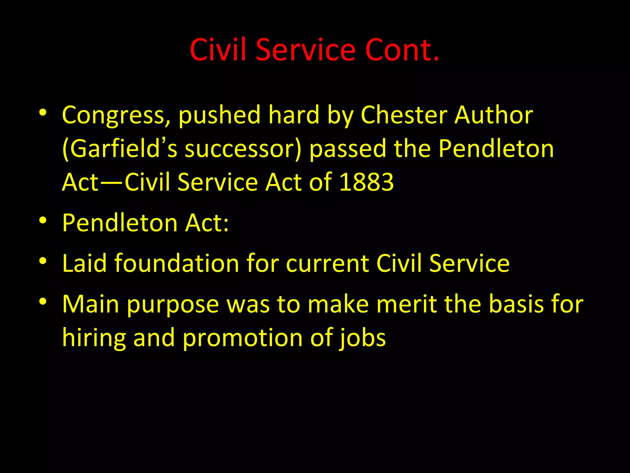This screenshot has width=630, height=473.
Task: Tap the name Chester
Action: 404,115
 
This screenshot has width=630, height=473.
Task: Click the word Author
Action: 494,115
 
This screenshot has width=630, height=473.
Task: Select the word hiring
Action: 94,338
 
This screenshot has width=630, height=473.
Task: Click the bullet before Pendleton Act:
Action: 43,220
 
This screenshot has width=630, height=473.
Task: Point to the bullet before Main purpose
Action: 43,302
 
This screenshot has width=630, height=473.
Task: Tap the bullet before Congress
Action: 43,113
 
